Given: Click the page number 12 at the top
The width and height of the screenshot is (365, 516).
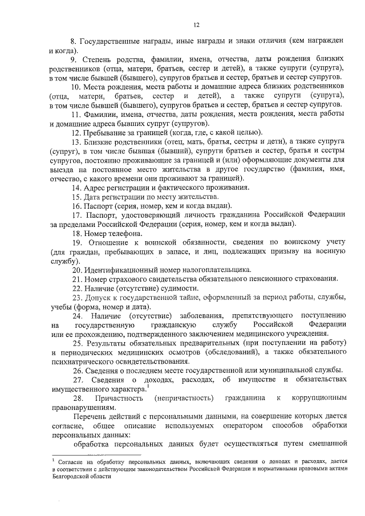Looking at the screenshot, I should (196, 25).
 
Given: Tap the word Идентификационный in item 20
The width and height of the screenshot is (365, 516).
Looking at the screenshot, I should (120, 269).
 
